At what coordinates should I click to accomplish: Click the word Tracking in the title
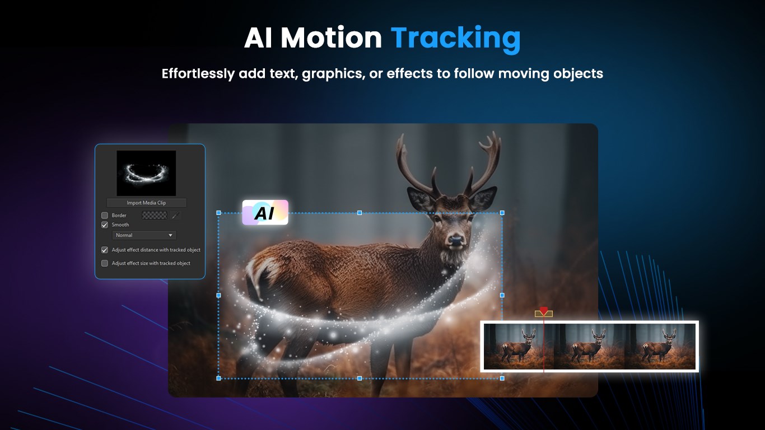pos(455,38)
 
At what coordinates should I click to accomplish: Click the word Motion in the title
pos(331,38)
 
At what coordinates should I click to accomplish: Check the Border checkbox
pos(105,215)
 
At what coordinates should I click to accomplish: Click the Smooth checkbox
pos(105,225)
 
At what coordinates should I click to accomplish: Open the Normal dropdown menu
pos(144,235)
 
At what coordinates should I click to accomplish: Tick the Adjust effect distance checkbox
pos(105,250)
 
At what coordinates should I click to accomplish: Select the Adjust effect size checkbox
pos(105,263)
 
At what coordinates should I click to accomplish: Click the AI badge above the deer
pos(265,212)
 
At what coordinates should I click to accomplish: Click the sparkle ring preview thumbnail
pos(146,173)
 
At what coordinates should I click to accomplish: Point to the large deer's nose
pos(457,241)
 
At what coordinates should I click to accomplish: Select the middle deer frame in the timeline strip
pos(589,346)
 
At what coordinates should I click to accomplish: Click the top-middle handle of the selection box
pos(360,213)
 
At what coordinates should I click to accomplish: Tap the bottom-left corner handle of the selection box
pos(218,378)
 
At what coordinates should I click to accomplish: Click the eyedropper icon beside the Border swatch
pos(175,215)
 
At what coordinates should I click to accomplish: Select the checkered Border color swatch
pos(155,215)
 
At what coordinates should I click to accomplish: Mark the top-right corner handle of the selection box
pos(502,213)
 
